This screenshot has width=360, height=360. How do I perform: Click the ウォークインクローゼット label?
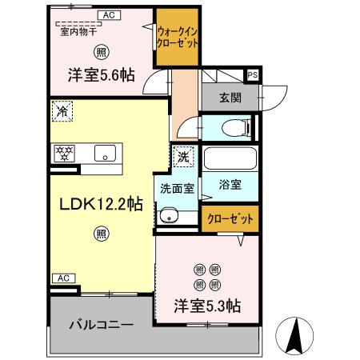click(x=178, y=37)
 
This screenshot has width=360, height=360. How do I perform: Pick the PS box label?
click(x=253, y=76)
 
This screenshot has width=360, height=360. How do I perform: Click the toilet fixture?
click(x=237, y=126)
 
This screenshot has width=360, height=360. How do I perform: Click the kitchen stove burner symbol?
click(x=63, y=153)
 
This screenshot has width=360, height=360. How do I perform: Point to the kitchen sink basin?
click(x=105, y=154)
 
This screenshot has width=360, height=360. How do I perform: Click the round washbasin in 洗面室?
click(x=167, y=214)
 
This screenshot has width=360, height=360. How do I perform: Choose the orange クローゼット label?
click(x=230, y=218)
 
